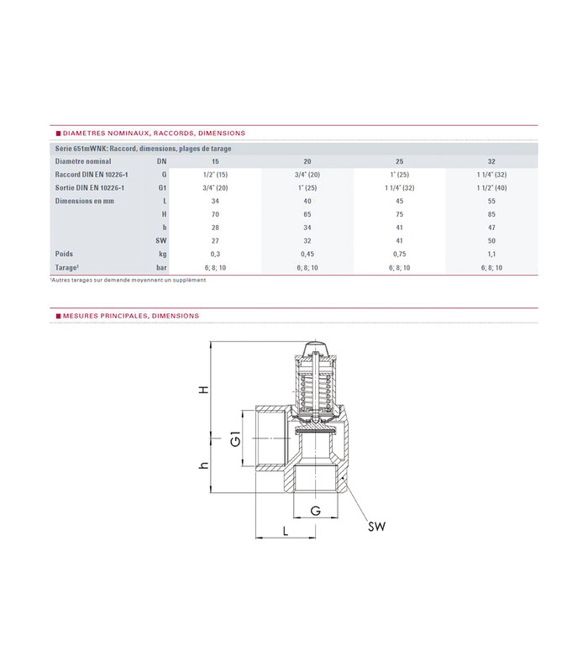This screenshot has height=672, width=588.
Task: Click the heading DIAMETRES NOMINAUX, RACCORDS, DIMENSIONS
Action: (152, 133)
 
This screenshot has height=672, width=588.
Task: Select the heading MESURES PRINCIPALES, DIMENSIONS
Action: (129, 316)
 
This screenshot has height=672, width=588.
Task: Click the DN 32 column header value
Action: (491, 160)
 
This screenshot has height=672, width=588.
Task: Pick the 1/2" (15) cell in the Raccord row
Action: (215, 173)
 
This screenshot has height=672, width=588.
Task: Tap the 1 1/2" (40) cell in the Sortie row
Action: (491, 187)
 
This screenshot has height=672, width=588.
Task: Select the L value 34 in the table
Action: (215, 201)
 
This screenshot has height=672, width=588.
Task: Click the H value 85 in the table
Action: (491, 214)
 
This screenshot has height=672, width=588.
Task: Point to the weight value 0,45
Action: (307, 253)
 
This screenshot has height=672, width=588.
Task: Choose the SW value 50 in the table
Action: (491, 240)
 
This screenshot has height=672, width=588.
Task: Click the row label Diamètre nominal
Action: (82, 160)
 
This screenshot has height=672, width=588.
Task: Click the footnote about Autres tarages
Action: (128, 280)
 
